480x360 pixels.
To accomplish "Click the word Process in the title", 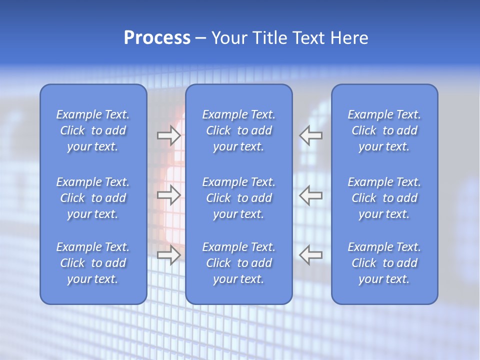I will (x=157, y=38).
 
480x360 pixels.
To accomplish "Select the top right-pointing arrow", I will (x=169, y=135).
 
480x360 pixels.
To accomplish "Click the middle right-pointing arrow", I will (x=169, y=195).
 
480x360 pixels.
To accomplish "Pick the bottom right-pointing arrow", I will (x=169, y=255).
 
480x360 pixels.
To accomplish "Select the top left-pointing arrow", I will (x=310, y=135).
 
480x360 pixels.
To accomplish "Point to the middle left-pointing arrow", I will (x=310, y=195).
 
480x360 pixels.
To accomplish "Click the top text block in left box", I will (x=93, y=130).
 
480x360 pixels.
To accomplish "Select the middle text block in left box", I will (x=93, y=198).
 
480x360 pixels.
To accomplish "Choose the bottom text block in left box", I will (x=93, y=263).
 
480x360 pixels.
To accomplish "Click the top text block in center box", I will (x=239, y=130).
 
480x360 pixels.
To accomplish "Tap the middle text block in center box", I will (x=239, y=198).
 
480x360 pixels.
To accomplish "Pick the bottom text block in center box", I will (x=239, y=263).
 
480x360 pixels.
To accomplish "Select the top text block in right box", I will (x=384, y=130).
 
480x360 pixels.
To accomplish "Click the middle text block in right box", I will (x=384, y=198).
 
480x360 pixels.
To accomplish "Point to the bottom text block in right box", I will (x=384, y=263).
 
